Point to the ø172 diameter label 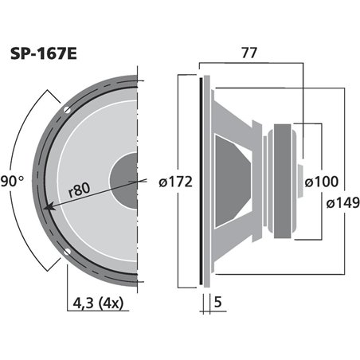click(176, 182)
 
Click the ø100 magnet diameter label click(323, 182)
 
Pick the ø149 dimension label click(342, 202)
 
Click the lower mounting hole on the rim click(68, 255)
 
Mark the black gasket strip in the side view click(200, 181)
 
